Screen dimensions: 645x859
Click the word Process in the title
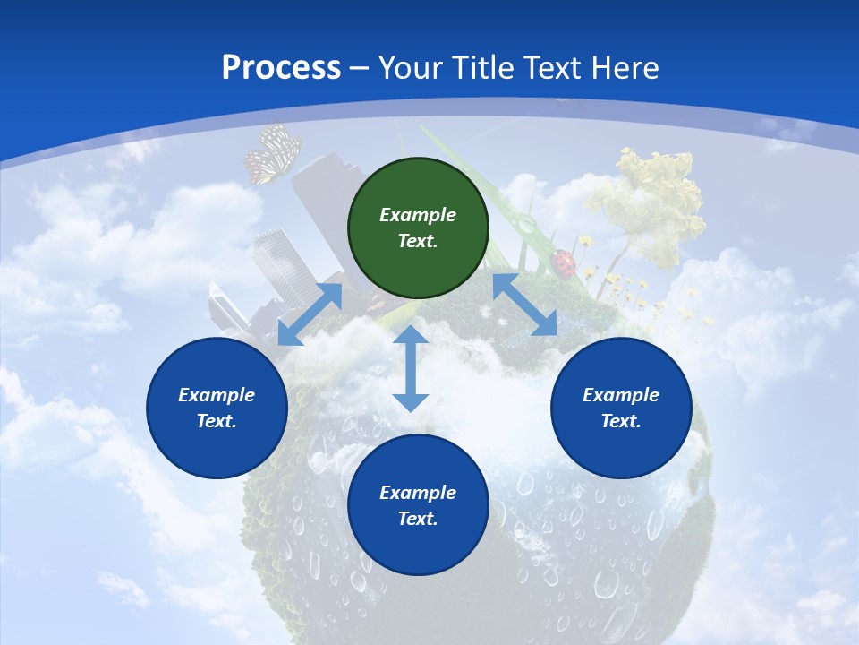[x=281, y=68]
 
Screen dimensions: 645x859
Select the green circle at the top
[x=418, y=228]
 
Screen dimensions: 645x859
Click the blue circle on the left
[x=217, y=408]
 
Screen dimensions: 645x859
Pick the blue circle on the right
[x=621, y=408]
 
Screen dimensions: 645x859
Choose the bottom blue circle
[x=418, y=505]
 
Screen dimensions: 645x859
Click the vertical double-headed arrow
[x=410, y=368]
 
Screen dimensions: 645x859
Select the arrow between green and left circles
[x=310, y=314]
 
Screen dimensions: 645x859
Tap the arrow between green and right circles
[x=524, y=305]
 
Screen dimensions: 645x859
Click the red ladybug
[x=564, y=262]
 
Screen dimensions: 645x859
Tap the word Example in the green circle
[x=418, y=215]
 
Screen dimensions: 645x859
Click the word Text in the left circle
[x=216, y=421]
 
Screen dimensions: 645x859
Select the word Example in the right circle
[x=621, y=395]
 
